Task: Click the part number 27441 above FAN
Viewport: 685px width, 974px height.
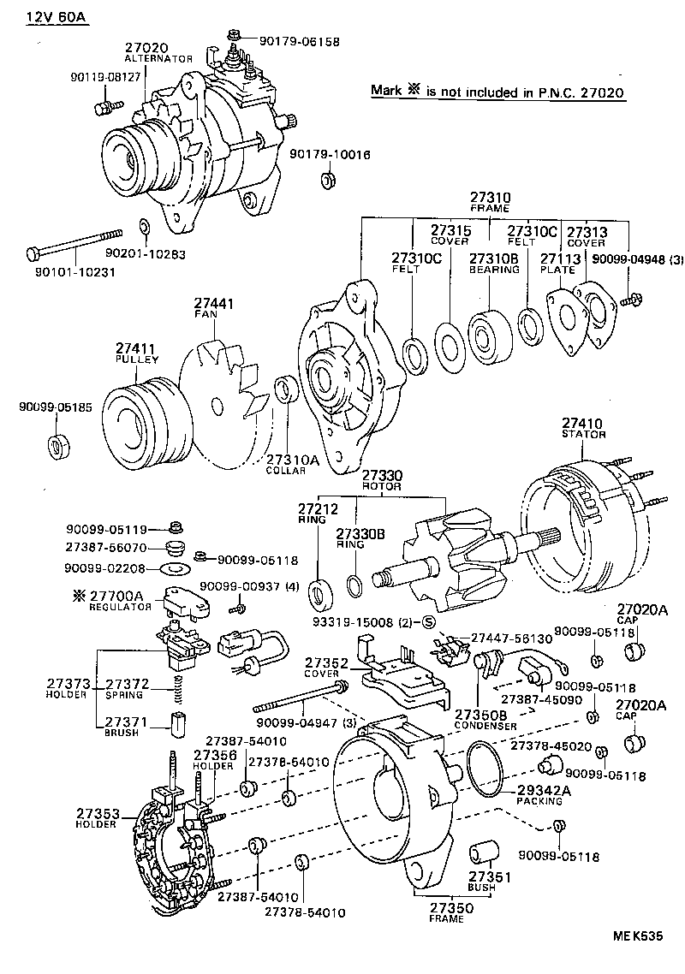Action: pyautogui.click(x=214, y=303)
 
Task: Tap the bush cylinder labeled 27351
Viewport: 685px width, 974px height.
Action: pyautogui.click(x=483, y=853)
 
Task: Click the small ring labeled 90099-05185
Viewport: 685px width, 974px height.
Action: pyautogui.click(x=57, y=447)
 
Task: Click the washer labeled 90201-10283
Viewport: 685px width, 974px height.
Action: pyautogui.click(x=143, y=227)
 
